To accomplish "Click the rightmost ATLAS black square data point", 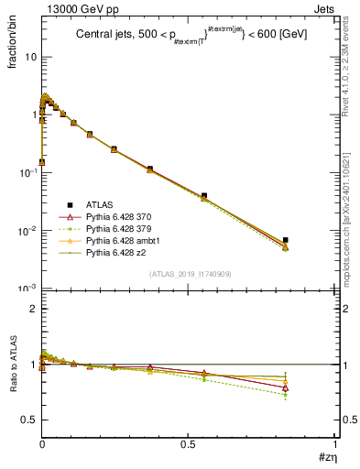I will [286, 240].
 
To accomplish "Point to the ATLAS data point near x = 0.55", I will [203, 195].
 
